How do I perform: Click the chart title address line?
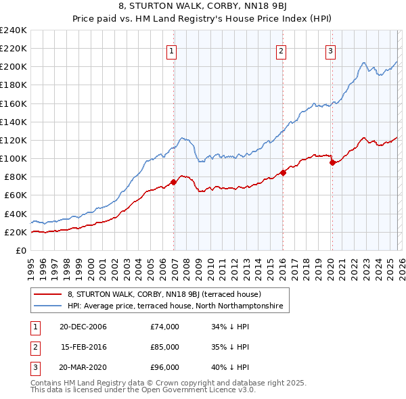click(203, 7)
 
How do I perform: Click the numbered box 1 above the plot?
click(172, 50)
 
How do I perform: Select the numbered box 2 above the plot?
click(281, 50)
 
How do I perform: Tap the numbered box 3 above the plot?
click(331, 50)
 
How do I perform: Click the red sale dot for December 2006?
click(174, 182)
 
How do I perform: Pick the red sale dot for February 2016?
click(283, 172)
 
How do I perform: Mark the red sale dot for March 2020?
click(332, 162)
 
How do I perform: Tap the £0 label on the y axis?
click(22, 250)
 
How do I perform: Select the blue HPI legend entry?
click(178, 306)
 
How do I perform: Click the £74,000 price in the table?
click(165, 327)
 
